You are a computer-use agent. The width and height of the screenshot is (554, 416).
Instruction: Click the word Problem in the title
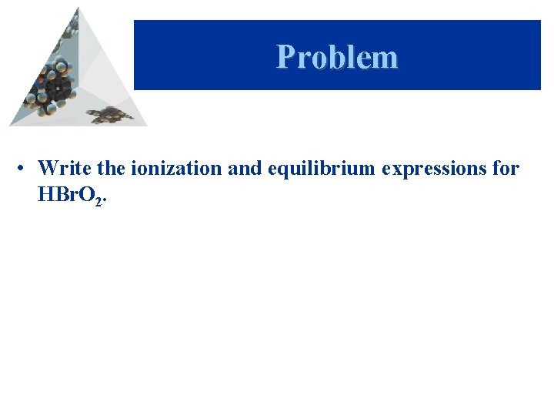click(x=337, y=57)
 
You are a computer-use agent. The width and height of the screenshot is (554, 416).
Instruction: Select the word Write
click(x=59, y=167)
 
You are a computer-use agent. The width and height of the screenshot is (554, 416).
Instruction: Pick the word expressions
click(x=432, y=168)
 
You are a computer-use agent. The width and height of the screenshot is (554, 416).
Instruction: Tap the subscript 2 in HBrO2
click(x=97, y=200)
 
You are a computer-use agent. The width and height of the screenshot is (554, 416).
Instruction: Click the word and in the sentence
click(x=245, y=167)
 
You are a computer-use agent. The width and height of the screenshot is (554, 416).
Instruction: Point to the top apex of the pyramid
click(x=77, y=8)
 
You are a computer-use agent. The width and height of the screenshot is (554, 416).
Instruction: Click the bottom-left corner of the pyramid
click(x=11, y=124)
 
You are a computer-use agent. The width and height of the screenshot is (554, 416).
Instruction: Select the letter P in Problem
click(x=286, y=57)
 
